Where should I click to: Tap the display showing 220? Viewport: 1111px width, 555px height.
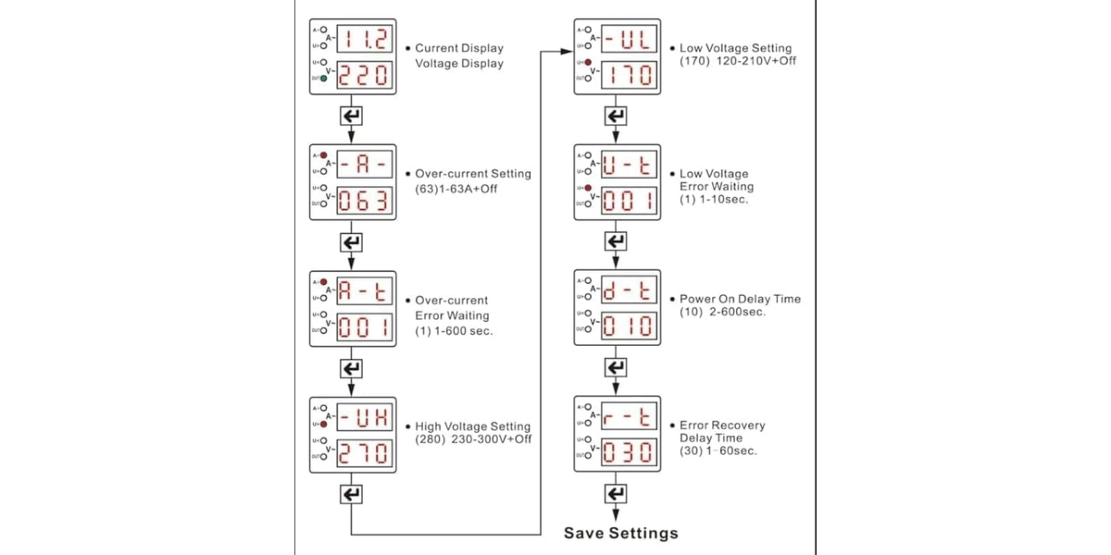(363, 75)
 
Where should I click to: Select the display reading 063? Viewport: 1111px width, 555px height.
(363, 201)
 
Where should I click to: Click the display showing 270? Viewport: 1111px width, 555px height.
(363, 453)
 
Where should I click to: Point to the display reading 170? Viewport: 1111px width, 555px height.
(629, 75)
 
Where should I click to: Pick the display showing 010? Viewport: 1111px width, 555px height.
(629, 327)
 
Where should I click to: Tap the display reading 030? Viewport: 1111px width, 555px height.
(629, 453)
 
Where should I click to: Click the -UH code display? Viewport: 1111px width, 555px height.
(363, 419)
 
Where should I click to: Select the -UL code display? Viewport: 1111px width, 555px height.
(629, 41)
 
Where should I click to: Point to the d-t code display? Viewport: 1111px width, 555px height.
(629, 292)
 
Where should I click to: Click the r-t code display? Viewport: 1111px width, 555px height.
(629, 419)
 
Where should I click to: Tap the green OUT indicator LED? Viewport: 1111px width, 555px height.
(324, 78)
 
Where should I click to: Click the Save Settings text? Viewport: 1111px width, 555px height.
(621, 533)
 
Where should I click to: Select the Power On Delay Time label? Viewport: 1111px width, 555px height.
(740, 299)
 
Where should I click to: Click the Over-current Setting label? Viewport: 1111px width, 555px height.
(472, 174)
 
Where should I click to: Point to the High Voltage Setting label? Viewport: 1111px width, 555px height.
(472, 426)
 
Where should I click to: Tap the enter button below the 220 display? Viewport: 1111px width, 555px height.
(352, 117)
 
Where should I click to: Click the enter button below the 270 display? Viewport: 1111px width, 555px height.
(352, 494)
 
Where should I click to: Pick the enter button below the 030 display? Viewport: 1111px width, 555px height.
(616, 494)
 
